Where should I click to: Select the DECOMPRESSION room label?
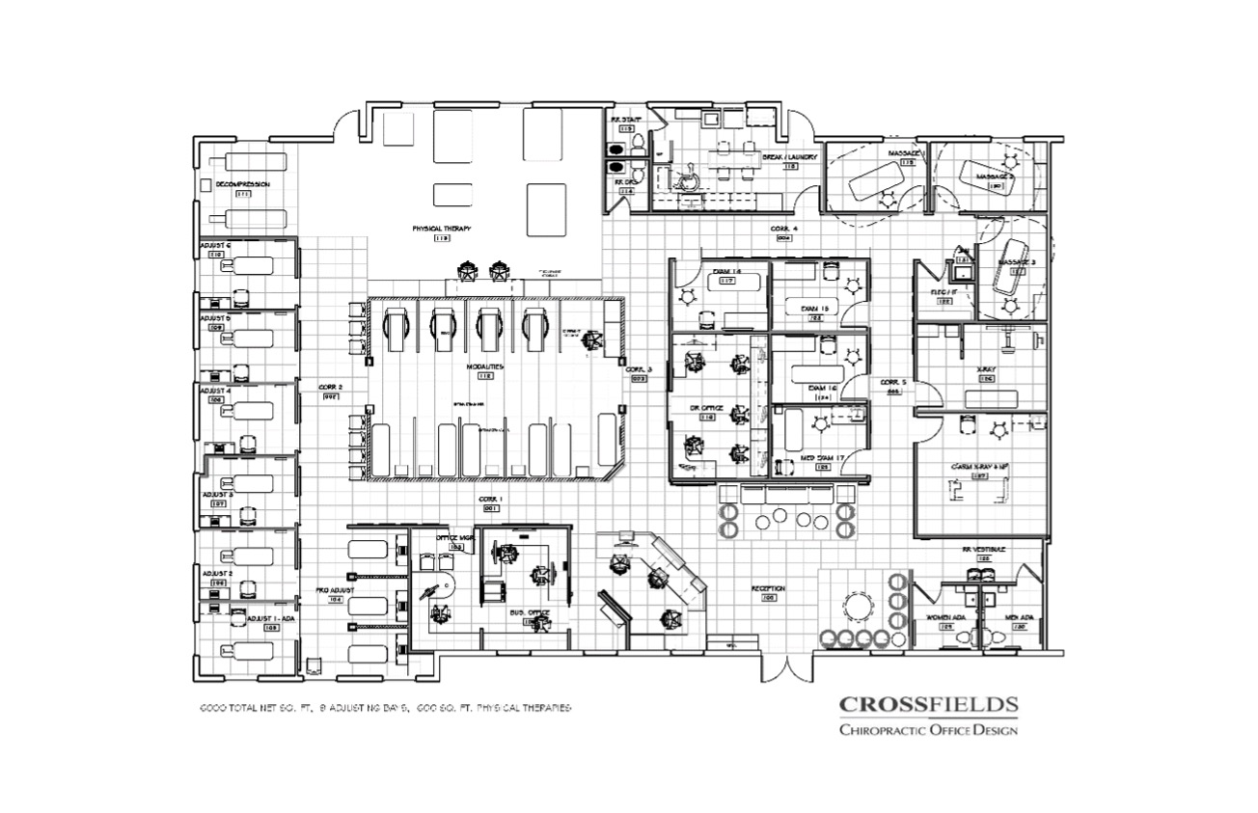pos(242,183)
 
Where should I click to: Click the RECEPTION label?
pos(769,588)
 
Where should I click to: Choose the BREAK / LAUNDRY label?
pos(790,156)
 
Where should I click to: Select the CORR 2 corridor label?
pos(331,387)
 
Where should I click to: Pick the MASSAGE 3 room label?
pos(1016,261)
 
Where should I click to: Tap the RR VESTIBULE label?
pos(983,549)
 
